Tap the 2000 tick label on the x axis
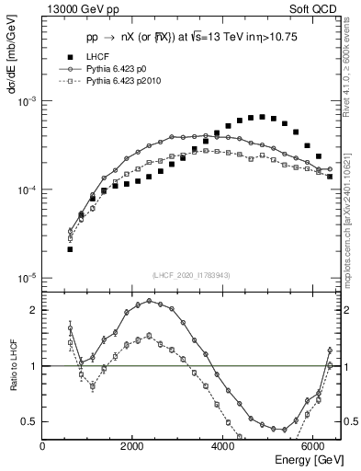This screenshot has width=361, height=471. coord(134,446)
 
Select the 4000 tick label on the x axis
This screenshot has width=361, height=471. coord(224,446)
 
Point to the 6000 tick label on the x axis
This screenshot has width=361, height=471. coord(314,446)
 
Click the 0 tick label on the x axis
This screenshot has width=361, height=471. coord(43,446)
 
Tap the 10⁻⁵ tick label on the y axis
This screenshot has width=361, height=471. coord(28,278)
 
